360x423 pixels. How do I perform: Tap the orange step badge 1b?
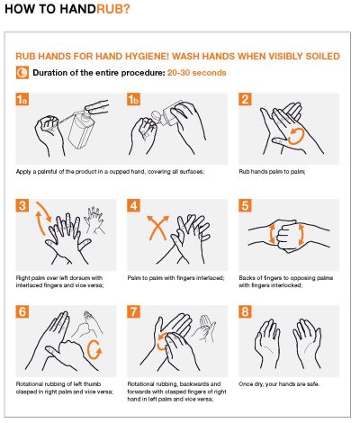tap(134, 100)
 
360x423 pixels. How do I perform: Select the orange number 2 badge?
tap(245, 100)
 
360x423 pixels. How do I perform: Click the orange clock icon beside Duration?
tap(22, 72)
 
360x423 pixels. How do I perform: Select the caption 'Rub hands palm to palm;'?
tap(269, 170)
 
